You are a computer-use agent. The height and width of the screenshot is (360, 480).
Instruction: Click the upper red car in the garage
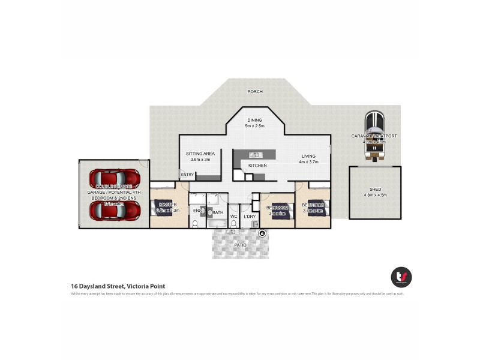(x=114, y=179)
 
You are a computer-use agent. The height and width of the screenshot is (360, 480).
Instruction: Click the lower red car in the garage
(x=114, y=210)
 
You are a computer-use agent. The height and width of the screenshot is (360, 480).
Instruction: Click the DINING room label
(x=254, y=120)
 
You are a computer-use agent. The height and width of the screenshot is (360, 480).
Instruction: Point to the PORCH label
(x=255, y=92)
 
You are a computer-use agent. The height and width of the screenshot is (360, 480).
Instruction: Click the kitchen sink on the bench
(x=255, y=155)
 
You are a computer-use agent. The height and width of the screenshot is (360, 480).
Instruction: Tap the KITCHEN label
(x=257, y=166)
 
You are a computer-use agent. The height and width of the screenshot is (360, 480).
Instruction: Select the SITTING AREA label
(x=200, y=154)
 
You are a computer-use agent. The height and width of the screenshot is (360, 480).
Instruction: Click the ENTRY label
(x=187, y=175)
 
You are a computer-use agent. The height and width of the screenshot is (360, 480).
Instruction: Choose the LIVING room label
(x=308, y=156)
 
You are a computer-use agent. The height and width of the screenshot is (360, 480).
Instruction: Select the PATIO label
(x=241, y=245)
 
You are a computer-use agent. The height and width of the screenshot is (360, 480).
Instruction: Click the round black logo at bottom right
(x=401, y=277)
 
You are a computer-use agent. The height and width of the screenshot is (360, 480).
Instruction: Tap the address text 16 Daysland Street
(x=118, y=286)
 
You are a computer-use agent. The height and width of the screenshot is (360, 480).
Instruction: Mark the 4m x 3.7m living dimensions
(x=308, y=162)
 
